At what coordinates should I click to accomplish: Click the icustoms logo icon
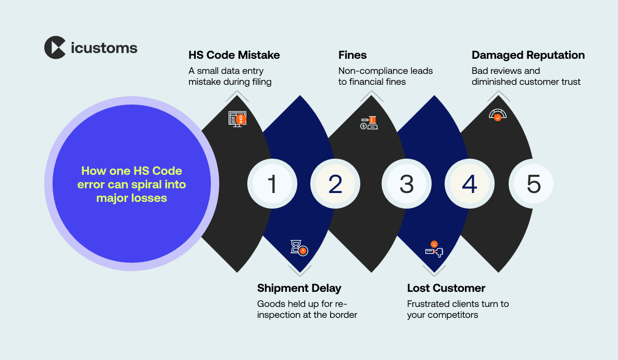[55, 47]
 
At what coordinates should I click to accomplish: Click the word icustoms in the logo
[104, 48]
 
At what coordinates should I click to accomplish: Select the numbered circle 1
[272, 184]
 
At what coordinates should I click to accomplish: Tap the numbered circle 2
[335, 184]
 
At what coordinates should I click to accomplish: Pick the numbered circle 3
[406, 184]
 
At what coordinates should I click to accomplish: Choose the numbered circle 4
[470, 184]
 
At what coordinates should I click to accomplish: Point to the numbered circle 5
[534, 184]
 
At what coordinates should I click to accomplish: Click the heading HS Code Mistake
[234, 55]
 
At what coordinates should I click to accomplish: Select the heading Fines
[352, 55]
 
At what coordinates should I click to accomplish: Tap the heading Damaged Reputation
[528, 55]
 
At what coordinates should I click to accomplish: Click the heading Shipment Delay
[299, 288]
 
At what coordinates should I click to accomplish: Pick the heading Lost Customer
[446, 288]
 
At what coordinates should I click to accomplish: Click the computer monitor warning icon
[237, 119]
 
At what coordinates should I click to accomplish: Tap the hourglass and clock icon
[299, 247]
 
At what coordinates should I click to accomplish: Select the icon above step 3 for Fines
[369, 123]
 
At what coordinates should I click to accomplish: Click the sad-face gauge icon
[498, 115]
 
